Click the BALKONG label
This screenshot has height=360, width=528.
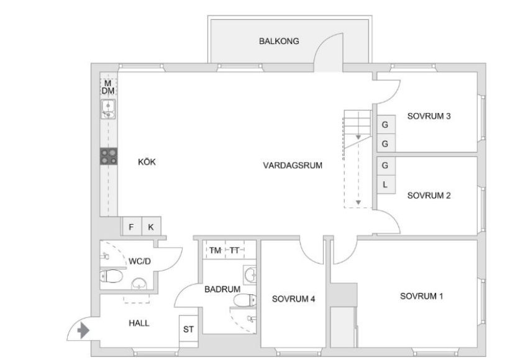tap(279, 41)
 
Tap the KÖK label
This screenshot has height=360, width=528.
tap(147, 162)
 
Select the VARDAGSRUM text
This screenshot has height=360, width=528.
tap(293, 165)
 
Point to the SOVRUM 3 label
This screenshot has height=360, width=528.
tap(429, 116)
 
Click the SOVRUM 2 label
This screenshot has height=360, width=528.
tap(429, 196)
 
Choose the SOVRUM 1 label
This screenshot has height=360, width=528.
tap(421, 296)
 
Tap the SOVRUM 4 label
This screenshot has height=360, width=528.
tap(293, 299)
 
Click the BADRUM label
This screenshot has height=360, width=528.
tap(222, 289)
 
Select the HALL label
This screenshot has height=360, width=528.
tap(139, 323)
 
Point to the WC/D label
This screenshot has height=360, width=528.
tap(139, 261)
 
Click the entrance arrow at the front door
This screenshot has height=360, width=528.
tap(83, 330)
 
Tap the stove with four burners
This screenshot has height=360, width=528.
tap(109, 156)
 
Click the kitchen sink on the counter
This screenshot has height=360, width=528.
tap(108, 109)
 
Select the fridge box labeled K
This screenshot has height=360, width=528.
tap(151, 227)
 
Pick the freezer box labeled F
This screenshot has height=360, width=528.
tap(131, 227)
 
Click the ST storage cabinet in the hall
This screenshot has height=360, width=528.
tap(188, 329)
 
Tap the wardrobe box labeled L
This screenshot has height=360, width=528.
tap(386, 184)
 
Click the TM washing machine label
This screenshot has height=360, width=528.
tap(215, 250)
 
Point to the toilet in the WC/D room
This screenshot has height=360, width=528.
tap(111, 277)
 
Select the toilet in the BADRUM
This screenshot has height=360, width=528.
tap(245, 300)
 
